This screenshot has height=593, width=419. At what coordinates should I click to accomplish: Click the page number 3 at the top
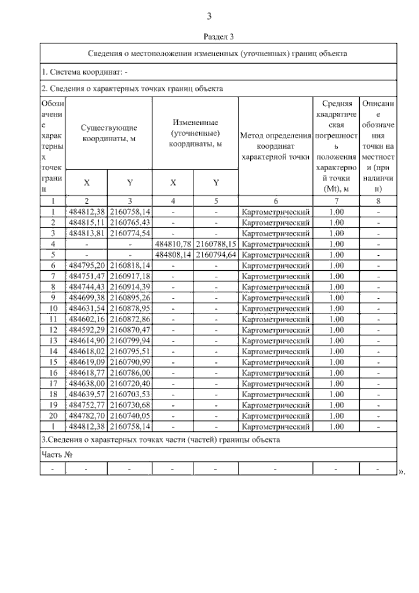click(x=209, y=16)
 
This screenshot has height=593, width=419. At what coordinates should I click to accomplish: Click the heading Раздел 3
click(x=218, y=37)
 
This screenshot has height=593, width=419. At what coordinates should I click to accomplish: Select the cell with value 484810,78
click(x=173, y=244)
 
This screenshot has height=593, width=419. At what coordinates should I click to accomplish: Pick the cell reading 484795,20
click(x=87, y=265)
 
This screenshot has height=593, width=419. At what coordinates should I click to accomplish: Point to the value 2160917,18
click(x=130, y=276)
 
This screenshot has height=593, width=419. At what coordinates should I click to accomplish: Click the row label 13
click(x=53, y=341)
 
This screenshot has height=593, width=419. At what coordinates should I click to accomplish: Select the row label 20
click(x=53, y=416)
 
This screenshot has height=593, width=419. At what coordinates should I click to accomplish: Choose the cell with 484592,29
click(x=87, y=330)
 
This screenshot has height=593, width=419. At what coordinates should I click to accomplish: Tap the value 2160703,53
click(x=130, y=395)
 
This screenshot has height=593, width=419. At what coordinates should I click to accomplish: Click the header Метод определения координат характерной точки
click(x=275, y=146)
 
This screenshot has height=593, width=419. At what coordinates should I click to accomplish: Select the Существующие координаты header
click(x=109, y=133)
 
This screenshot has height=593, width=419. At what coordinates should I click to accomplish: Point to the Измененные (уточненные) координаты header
click(x=195, y=133)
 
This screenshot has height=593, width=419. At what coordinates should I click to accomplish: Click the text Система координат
click(x=84, y=72)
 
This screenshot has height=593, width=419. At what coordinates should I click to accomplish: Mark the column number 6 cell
click(x=275, y=201)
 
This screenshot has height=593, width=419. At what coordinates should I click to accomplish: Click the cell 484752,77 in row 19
click(x=87, y=405)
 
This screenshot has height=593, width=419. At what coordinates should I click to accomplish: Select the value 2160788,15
click(x=216, y=244)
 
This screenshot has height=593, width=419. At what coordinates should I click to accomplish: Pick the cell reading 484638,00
click(x=87, y=384)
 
